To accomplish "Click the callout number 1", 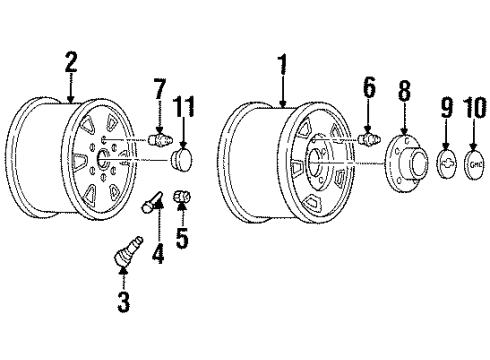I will point(282,68).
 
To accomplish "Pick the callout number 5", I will point(183,238).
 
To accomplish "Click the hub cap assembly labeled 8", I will point(404,162).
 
